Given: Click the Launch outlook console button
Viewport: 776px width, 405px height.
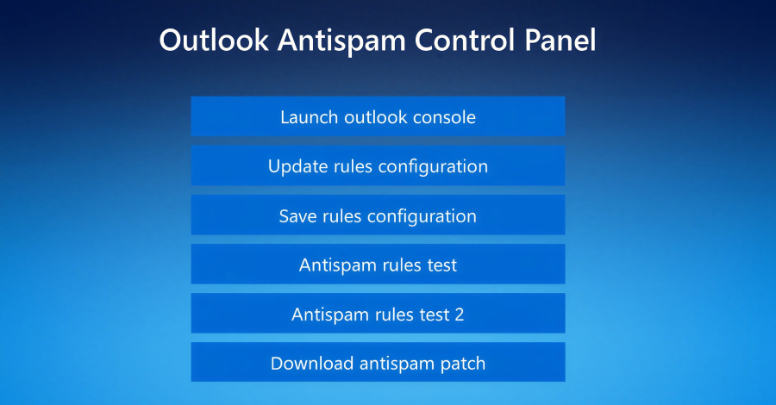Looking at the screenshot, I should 378,116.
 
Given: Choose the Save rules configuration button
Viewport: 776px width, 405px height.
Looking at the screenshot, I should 378,215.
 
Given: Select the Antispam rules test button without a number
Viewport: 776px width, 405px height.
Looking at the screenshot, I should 378,265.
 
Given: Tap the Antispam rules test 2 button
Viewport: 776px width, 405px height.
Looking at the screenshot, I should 378,315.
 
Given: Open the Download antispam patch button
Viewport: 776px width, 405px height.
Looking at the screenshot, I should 378,364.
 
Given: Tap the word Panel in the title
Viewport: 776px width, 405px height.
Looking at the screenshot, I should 559,40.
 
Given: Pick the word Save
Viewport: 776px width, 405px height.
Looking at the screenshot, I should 298,215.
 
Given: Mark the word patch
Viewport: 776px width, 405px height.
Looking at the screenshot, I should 461,364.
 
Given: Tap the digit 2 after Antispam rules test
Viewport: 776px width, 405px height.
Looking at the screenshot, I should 459,315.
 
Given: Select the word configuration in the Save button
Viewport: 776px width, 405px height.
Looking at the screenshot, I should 422,215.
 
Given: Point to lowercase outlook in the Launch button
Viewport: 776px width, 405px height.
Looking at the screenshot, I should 372,116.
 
